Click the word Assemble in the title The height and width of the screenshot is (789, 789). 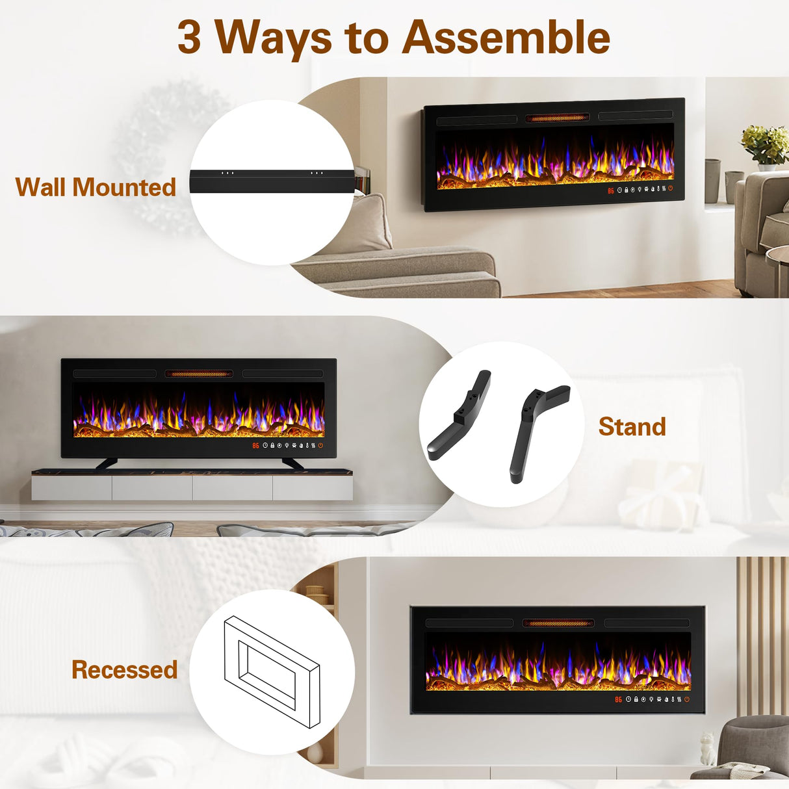pyautogui.click(x=506, y=37)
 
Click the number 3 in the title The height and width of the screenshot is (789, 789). pyautogui.click(x=189, y=38)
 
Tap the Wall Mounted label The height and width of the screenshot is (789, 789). pyautogui.click(x=96, y=187)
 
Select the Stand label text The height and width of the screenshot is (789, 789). pyautogui.click(x=632, y=427)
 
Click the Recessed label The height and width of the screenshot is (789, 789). pyautogui.click(x=124, y=669)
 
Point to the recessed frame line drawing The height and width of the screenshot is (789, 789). pyautogui.click(x=272, y=671)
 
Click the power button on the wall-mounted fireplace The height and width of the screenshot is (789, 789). pyautogui.click(x=670, y=189)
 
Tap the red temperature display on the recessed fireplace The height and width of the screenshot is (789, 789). pyautogui.click(x=618, y=700)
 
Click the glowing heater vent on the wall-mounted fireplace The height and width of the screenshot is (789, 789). pyautogui.click(x=557, y=118)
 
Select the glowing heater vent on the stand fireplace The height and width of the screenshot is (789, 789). pyautogui.click(x=199, y=374)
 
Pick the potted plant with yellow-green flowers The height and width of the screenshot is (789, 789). pyautogui.click(x=766, y=145)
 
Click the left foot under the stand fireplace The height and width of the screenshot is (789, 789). pyautogui.click(x=107, y=463)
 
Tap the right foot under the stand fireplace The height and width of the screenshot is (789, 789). pyautogui.click(x=292, y=463)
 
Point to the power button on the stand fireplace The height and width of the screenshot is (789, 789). pyautogui.click(x=320, y=446)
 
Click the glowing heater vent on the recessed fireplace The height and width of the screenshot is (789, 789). pyautogui.click(x=558, y=623)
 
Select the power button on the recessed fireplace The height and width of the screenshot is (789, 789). pyautogui.click(x=686, y=699)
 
